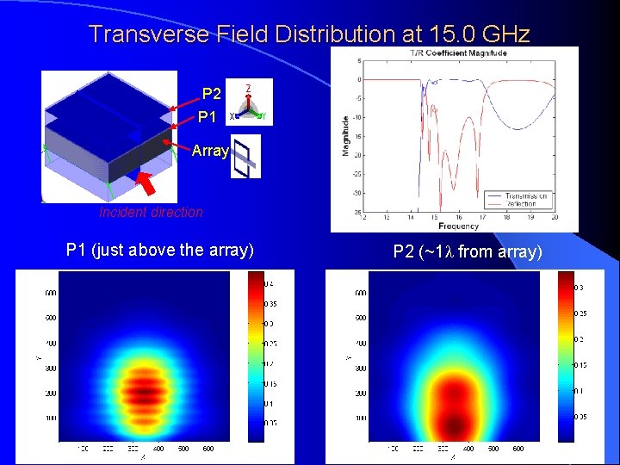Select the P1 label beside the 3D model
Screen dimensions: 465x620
(x=208, y=116)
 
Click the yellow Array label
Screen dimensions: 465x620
(x=210, y=151)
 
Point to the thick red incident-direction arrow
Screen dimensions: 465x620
(x=148, y=184)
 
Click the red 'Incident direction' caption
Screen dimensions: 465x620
(x=151, y=212)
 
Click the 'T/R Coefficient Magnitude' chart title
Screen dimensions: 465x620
(x=458, y=53)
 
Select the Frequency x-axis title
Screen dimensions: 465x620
(x=457, y=226)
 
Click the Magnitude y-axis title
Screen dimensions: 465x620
(x=346, y=136)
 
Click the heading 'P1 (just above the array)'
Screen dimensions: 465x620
(x=159, y=251)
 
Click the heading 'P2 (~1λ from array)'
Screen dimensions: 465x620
(x=468, y=251)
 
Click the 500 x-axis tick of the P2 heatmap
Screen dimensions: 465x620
(x=493, y=449)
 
